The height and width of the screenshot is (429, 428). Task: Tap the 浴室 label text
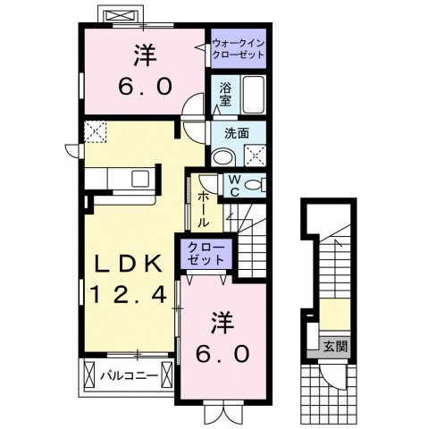[x=225, y=95]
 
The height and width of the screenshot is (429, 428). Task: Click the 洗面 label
[x=236, y=133]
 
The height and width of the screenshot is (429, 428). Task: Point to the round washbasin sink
[x=222, y=155]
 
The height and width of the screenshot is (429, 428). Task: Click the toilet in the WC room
[x=255, y=185]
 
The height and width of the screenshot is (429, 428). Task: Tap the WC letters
[x=231, y=185]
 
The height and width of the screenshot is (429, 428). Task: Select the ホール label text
[x=203, y=209]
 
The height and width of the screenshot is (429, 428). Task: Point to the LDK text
[x=130, y=264]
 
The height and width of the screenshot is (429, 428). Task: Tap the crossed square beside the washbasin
[x=255, y=156]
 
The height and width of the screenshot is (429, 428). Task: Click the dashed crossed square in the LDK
[x=96, y=131]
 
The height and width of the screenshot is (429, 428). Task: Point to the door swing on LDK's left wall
[x=71, y=150]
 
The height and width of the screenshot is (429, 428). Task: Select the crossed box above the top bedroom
[x=118, y=17]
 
